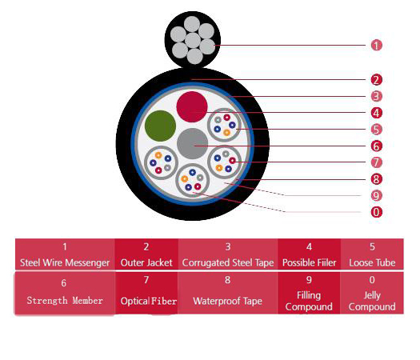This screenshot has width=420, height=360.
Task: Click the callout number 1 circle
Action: pyautogui.click(x=376, y=45)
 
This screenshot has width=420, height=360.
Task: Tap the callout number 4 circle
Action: pyautogui.click(x=376, y=113)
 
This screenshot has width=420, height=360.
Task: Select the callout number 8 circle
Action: pyautogui.click(x=376, y=179)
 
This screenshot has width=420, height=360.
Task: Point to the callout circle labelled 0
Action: pyautogui.click(x=376, y=212)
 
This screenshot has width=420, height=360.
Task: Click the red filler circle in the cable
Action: pyautogui.click(x=192, y=106)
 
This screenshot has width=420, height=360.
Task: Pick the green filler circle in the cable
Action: pyautogui.click(x=160, y=126)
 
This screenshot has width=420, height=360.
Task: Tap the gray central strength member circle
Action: pyautogui.click(x=193, y=143)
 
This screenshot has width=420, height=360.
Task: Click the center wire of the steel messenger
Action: pyautogui.click(x=193, y=41)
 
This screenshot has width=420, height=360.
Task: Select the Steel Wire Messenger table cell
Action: pyautogui.click(x=65, y=254)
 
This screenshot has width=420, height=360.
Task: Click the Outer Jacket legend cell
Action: pyautogui.click(x=146, y=254)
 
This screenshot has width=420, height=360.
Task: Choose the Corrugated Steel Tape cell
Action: pyautogui.click(x=228, y=254)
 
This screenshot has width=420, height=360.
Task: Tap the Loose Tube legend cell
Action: pyautogui.click(x=372, y=254)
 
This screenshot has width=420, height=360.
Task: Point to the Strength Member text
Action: pyautogui.click(x=65, y=301)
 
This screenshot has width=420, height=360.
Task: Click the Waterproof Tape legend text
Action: pyautogui.click(x=228, y=301)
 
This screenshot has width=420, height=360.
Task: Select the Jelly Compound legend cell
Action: pyautogui.click(x=372, y=293)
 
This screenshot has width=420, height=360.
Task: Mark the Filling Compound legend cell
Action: pyautogui.click(x=309, y=293)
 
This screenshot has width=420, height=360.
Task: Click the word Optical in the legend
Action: pyautogui.click(x=134, y=302)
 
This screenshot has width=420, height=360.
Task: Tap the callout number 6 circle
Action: pyautogui.click(x=376, y=146)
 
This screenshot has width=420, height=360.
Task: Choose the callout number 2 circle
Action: pyautogui.click(x=376, y=80)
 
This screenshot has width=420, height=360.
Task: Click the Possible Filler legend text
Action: pyautogui.click(x=309, y=262)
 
